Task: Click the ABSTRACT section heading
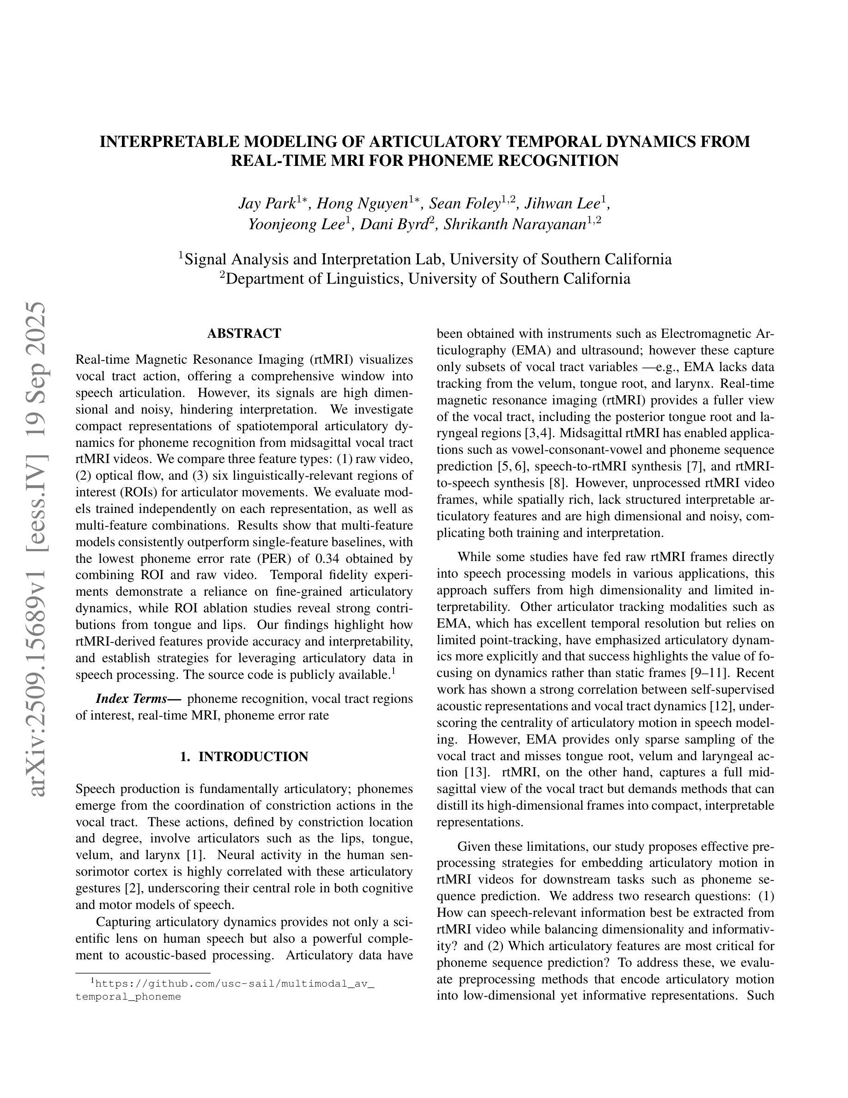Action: coord(244,333)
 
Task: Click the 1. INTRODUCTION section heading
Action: coord(244,756)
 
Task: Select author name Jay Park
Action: coord(266,204)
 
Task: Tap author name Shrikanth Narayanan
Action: coord(515,224)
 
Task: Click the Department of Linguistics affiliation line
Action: coord(425,279)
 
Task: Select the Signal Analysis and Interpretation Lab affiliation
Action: coord(425,259)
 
